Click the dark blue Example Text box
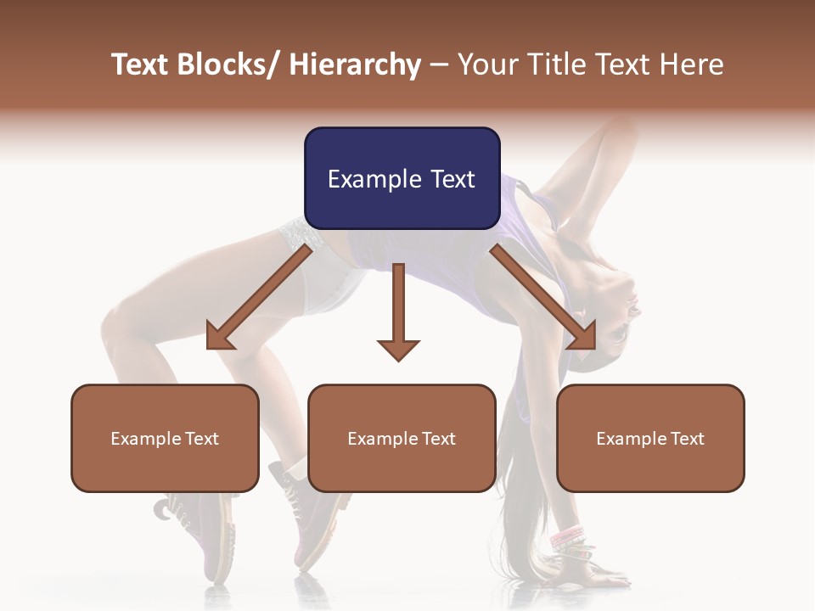coord(402,178)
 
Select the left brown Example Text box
coord(165,438)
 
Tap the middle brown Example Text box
coord(402,438)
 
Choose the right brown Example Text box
coord(650,438)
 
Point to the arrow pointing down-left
coord(258,298)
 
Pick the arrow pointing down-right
coord(544,298)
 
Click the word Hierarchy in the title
coord(355,65)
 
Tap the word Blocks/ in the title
coord(228,65)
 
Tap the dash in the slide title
coord(439,65)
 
